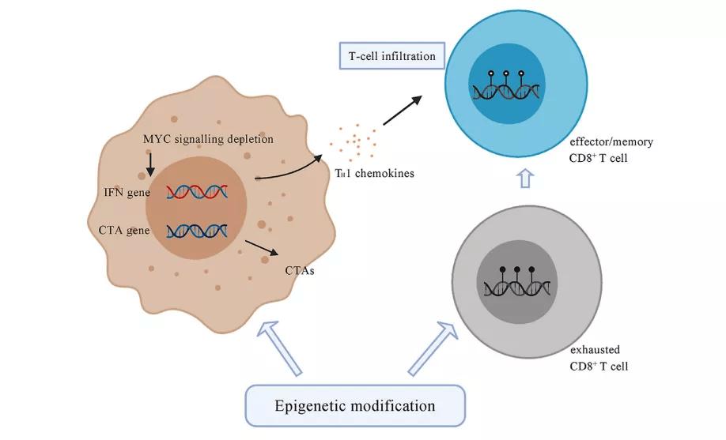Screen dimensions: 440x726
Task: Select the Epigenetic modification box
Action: point(354,406)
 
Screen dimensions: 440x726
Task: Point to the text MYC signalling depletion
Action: point(208,140)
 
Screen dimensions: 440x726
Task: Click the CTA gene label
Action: point(126,230)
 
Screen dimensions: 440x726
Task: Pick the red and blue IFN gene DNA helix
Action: point(198,193)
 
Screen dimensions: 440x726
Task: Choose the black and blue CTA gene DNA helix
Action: point(198,231)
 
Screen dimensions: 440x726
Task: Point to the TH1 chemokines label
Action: point(368,173)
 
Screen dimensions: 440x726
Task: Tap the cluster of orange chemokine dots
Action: point(357,143)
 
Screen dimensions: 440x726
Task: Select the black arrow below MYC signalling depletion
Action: point(150,164)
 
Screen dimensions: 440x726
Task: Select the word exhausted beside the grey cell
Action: point(595,349)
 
